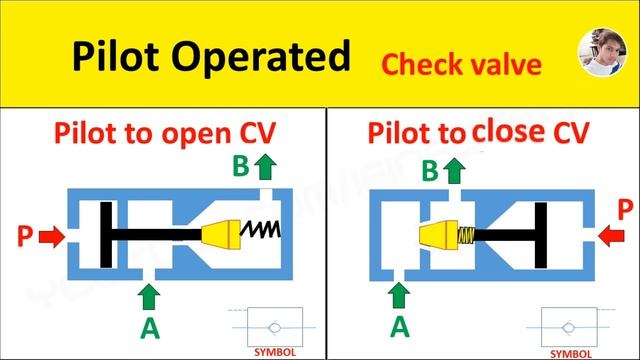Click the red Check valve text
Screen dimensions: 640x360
(461, 65)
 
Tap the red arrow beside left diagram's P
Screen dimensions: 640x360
(54, 237)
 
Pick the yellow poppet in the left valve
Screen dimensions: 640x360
(221, 235)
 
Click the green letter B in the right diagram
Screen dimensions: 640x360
(430, 172)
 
